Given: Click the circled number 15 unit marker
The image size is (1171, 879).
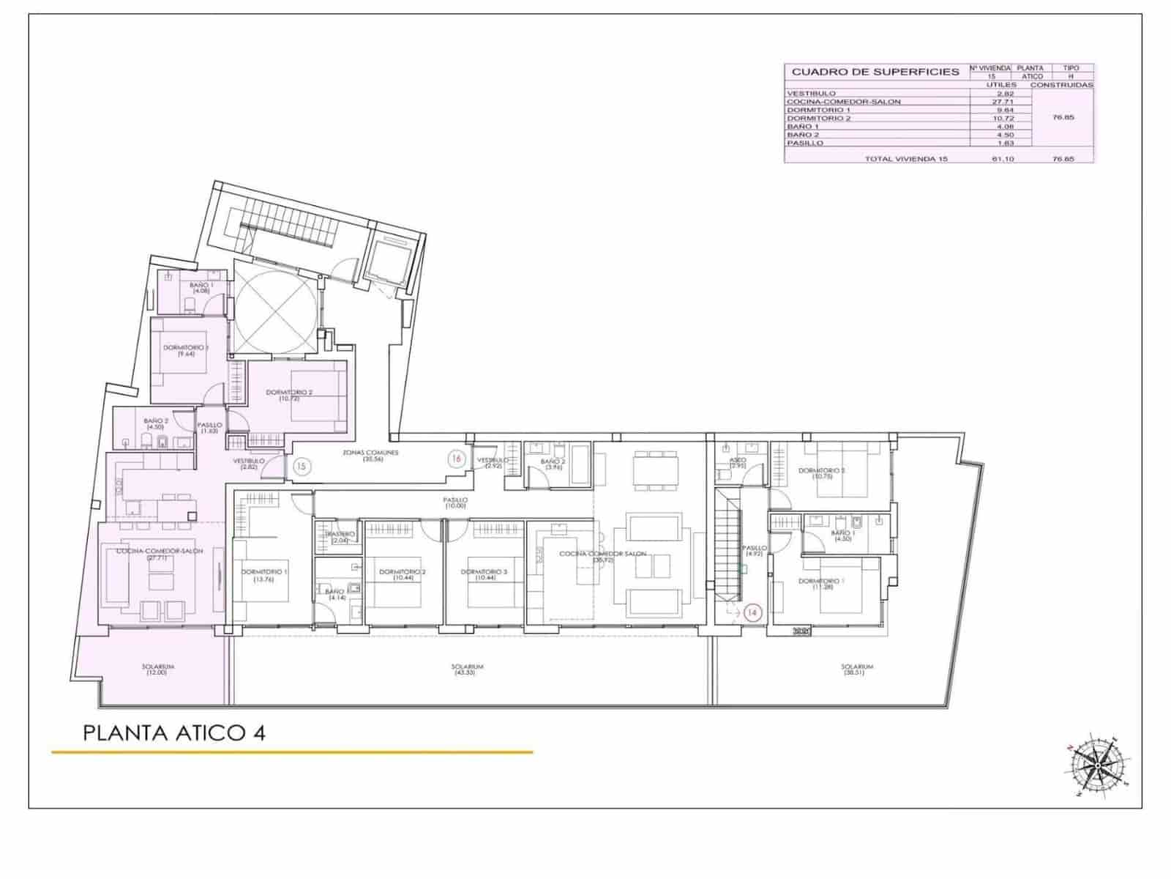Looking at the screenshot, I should click(x=302, y=465).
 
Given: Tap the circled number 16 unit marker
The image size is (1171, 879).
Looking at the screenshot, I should click(x=457, y=459).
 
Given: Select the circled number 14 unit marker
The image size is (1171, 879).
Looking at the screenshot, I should click(x=753, y=612).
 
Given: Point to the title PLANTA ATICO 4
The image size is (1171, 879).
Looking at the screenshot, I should click(x=174, y=732).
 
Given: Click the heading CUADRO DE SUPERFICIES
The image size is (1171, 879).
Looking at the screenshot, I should click(x=875, y=72).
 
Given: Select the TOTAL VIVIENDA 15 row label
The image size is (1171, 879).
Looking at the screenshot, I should click(x=906, y=158).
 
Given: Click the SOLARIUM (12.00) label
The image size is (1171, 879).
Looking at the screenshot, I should click(x=159, y=669).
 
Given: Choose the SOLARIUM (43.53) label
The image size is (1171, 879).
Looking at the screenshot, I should click(x=468, y=669).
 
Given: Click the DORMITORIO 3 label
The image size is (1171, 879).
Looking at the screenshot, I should click(x=483, y=575).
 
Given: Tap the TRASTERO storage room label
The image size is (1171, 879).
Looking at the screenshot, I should click(x=340, y=537).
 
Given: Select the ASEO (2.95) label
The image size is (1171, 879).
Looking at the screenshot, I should click(x=737, y=463).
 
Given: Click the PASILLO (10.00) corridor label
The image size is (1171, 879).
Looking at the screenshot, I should click(x=455, y=503).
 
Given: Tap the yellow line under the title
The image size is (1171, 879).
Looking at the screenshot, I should click(x=292, y=752).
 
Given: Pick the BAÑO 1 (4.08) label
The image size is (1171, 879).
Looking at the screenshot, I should click(x=201, y=288).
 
